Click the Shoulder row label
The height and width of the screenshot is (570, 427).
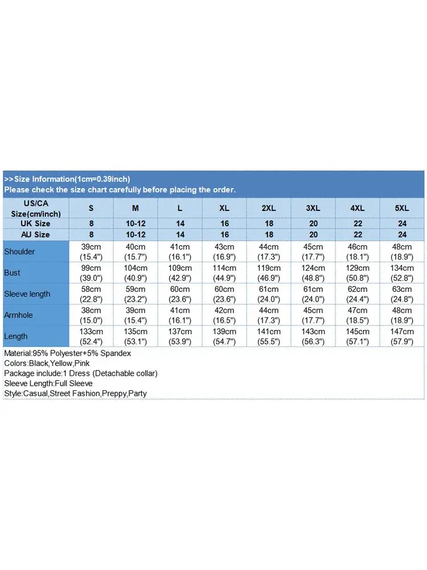pyautogui.click(x=19, y=251)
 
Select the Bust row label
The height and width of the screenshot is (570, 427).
pyautogui.click(x=12, y=272)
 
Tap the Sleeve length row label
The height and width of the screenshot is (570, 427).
pyautogui.click(x=27, y=294)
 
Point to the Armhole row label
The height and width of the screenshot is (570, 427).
pyautogui.click(x=19, y=315)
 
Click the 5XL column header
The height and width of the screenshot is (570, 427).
pyautogui.click(x=402, y=208)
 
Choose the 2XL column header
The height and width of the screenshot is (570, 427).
pyautogui.click(x=269, y=208)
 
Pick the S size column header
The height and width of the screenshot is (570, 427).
pyautogui.click(x=91, y=208)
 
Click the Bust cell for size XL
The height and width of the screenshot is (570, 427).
pyautogui.click(x=224, y=272)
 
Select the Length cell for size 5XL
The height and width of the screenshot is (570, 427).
pyautogui.click(x=402, y=336)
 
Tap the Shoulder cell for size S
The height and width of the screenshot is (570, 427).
pyautogui.click(x=91, y=251)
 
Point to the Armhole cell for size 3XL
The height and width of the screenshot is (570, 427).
pyautogui.click(x=313, y=315)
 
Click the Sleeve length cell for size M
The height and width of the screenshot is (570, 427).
pyautogui.click(x=136, y=294)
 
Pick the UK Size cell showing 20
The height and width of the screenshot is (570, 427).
pyautogui.click(x=313, y=223)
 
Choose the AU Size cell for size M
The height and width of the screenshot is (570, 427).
pyautogui.click(x=136, y=234)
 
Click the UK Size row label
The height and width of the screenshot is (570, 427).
pyautogui.click(x=35, y=223)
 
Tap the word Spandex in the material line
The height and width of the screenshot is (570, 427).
pyautogui.click(x=116, y=353)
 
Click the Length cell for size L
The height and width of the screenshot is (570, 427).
pyautogui.click(x=180, y=336)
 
